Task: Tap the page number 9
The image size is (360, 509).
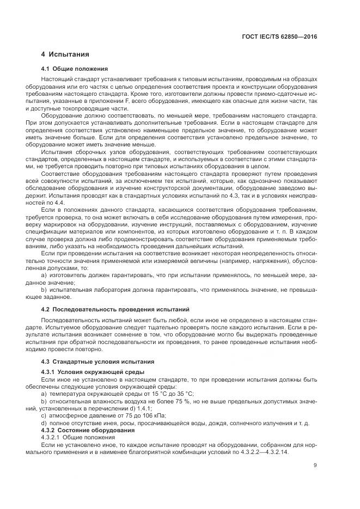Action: (x=315, y=464)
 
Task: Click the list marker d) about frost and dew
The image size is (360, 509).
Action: (x=44, y=423)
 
